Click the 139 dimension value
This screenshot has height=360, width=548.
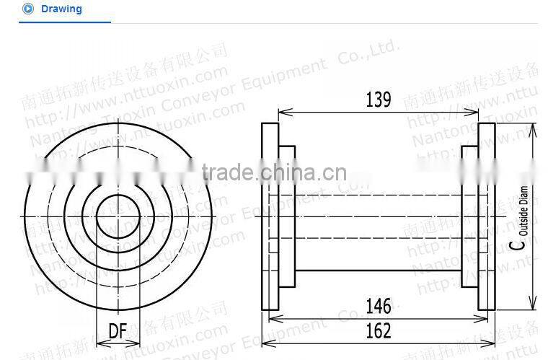click(378, 100)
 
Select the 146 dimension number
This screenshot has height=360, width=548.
click(378, 306)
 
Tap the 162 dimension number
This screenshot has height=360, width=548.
click(378, 330)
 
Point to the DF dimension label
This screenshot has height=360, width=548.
click(118, 331)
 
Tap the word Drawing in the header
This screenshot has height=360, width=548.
click(61, 9)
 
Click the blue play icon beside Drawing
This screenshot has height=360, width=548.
click(28, 9)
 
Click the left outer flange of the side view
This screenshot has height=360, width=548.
click(270, 216)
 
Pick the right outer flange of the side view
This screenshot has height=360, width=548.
click(487, 216)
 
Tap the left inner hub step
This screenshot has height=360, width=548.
click(287, 216)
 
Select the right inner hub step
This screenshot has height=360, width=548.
click(469, 216)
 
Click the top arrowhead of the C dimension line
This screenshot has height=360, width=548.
click(533, 128)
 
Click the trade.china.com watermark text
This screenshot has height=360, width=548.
click(273, 172)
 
